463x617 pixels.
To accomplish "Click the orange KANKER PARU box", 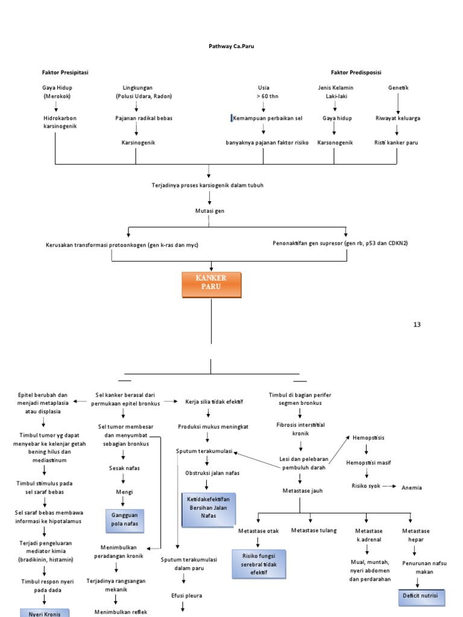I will pyautogui.click(x=211, y=285).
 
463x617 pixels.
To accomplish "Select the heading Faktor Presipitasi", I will pyautogui.click(x=65, y=72).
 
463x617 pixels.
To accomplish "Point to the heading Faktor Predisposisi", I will pyautogui.click(x=356, y=72).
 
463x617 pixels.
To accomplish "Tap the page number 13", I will pyautogui.click(x=417, y=325).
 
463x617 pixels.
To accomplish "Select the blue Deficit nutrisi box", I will pyautogui.click(x=424, y=598).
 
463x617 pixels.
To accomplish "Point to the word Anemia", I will pyautogui.click(x=412, y=487).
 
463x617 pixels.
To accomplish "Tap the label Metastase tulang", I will pyautogui.click(x=313, y=530).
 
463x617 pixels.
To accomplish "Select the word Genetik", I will pyautogui.click(x=398, y=88).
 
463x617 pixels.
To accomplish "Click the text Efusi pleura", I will pyautogui.click(x=186, y=595).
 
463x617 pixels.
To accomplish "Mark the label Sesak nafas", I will pyautogui.click(x=124, y=468).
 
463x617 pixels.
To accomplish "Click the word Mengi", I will pyautogui.click(x=124, y=492).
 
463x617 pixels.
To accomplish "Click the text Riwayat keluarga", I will pyautogui.click(x=398, y=118).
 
